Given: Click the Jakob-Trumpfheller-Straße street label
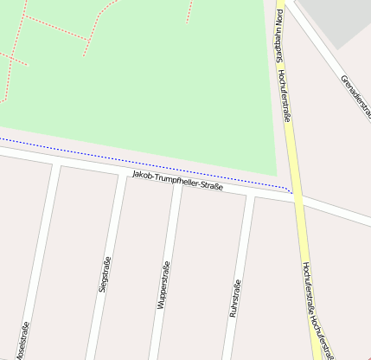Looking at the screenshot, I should tap(177, 183).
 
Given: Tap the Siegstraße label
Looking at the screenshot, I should tap(105, 273).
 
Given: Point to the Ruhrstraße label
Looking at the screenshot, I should tap(233, 299).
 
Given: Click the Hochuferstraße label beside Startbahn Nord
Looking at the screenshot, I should tap(286, 94).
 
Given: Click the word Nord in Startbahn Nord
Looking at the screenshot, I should tap(278, 19).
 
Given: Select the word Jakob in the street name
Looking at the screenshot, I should tap(141, 177).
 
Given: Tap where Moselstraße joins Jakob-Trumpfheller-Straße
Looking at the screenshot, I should tap(57, 163).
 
